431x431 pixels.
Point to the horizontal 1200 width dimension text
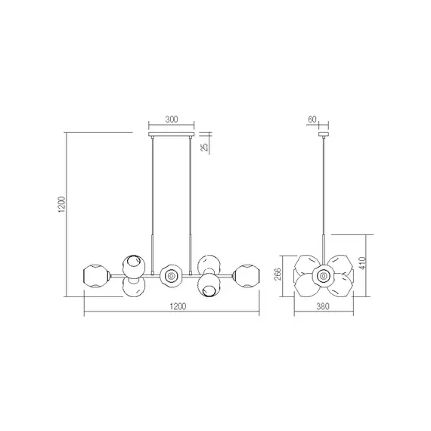pos(177,306)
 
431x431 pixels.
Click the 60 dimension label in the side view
pos(314,119)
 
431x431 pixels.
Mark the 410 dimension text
pos(373,264)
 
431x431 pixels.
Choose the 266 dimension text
pos(278,274)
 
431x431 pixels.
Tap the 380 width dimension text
pos(324,306)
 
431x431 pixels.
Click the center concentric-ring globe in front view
pos(171,276)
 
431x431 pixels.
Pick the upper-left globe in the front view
pos(133,265)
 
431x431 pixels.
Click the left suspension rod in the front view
pos(154,197)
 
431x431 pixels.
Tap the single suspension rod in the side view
pos(324,197)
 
